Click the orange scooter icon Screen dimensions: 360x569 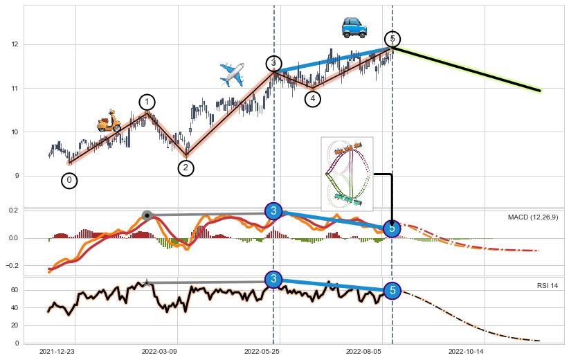(109, 123)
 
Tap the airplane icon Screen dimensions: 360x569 (232, 73)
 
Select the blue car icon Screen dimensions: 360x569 (354, 27)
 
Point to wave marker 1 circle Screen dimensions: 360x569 (147, 102)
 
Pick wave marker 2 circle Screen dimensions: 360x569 (186, 168)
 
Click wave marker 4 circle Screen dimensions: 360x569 (313, 99)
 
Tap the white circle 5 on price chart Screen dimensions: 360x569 (392, 39)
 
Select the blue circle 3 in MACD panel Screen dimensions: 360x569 (273, 210)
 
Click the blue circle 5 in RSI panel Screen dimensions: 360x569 (392, 290)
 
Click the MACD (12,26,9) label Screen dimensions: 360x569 (533, 217)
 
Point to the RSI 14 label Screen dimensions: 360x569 (548, 286)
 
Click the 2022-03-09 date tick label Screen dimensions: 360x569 (160, 351)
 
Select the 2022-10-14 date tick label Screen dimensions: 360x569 (467, 351)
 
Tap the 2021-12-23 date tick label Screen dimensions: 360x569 (57, 351)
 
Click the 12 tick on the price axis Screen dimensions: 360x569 (15, 44)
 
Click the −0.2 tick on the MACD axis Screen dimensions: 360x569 (11, 266)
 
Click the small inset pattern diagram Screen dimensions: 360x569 (347, 173)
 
